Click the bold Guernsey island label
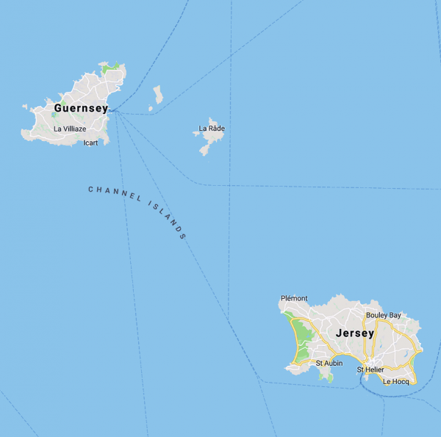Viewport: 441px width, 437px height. tap(81, 109)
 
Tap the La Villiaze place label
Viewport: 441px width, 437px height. tap(70, 129)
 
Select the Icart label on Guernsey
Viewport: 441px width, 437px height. tap(90, 142)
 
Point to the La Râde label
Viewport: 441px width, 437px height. tap(212, 129)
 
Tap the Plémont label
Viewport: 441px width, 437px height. tap(294, 298)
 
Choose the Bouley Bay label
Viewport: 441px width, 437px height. tap(384, 315)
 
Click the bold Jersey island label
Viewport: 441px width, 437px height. tap(355, 333)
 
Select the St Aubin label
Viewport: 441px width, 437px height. tap(329, 363)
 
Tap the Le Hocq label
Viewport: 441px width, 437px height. tap(395, 381)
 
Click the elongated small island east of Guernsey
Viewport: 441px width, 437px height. tap(158, 94)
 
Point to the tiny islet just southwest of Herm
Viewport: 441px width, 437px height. tap(151, 109)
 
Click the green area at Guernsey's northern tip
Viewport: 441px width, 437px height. tap(111, 68)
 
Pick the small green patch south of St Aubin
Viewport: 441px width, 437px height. tap(329, 377)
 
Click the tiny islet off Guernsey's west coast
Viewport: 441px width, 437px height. tap(24, 107)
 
